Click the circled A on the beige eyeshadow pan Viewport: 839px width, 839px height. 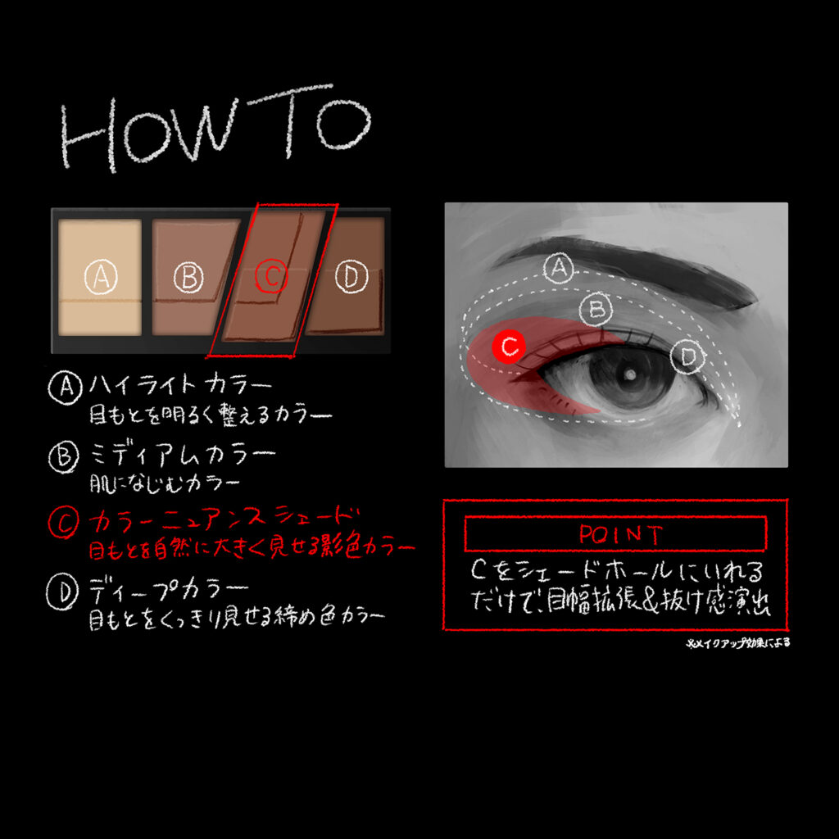click(101, 277)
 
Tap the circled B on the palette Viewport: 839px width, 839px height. click(189, 277)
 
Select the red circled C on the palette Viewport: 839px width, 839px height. click(271, 277)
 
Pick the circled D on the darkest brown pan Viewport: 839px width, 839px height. click(351, 276)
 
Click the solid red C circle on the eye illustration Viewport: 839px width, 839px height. click(508, 347)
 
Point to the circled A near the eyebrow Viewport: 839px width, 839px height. click(559, 268)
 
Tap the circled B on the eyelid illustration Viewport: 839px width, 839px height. click(596, 309)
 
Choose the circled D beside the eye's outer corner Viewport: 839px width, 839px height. click(688, 356)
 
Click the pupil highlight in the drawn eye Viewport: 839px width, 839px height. click(630, 375)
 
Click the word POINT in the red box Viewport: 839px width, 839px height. click(621, 534)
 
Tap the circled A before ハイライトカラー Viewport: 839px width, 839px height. click(66, 388)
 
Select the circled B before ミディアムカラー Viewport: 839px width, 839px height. click(64, 456)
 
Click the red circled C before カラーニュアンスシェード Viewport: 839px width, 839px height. click(64, 522)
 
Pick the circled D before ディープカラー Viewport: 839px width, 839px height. click(62, 592)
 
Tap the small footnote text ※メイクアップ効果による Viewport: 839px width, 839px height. click(738, 643)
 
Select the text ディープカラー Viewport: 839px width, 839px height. click(169, 588)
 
